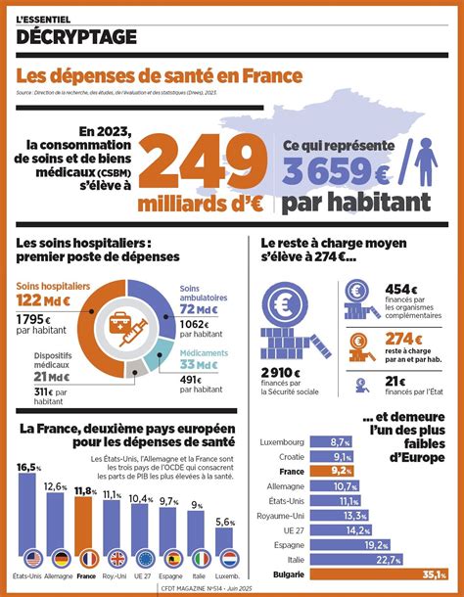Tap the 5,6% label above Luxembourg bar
(224, 522)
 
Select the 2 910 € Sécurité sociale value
(285, 373)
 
